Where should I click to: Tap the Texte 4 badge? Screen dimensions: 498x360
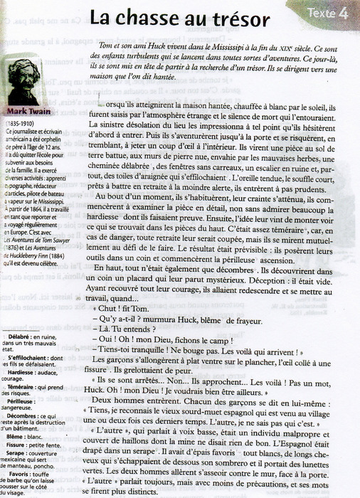click(329, 13)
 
